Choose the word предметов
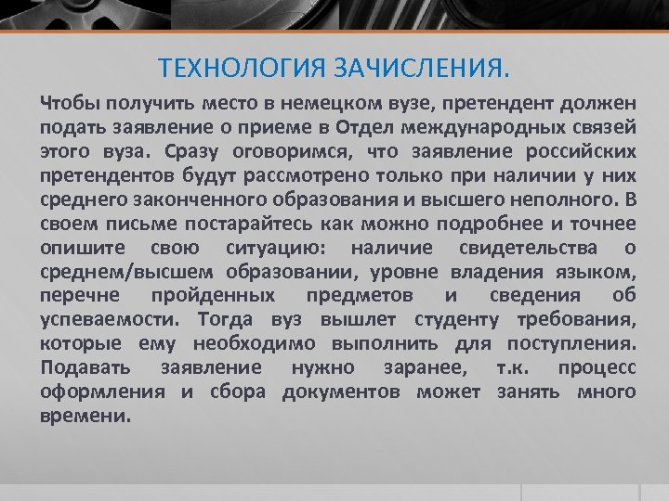[361, 294]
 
